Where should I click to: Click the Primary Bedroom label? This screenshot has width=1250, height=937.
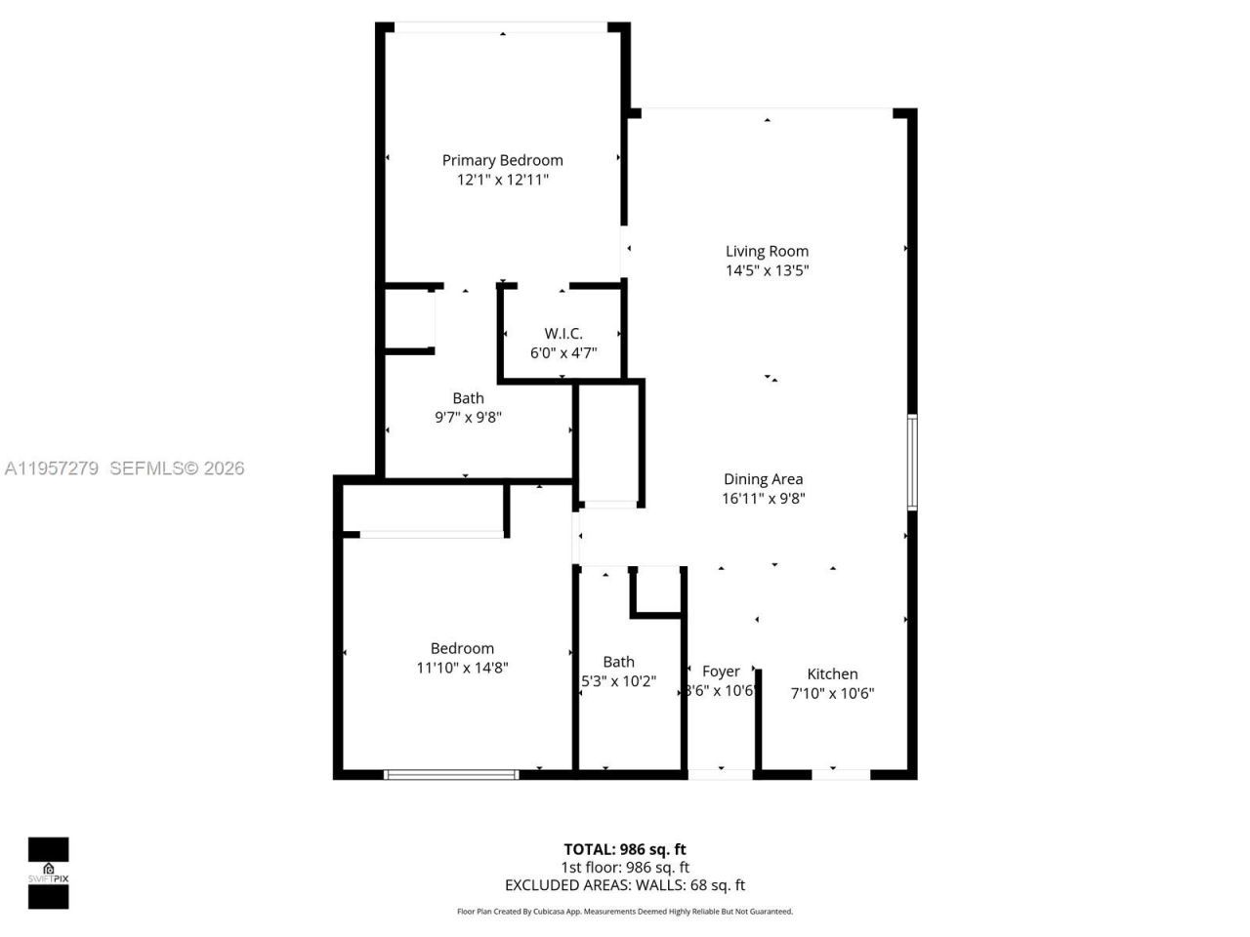502,160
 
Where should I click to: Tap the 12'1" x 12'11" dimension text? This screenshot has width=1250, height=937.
502,180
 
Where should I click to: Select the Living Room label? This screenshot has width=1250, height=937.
767,251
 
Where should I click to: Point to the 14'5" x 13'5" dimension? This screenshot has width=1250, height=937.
767,270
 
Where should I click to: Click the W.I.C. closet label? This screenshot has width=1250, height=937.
563,334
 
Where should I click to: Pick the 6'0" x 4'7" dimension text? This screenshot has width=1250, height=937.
563,352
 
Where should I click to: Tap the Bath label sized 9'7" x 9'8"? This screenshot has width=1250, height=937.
468,398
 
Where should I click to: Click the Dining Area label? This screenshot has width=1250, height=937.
763,479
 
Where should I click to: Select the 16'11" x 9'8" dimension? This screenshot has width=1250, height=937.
763,498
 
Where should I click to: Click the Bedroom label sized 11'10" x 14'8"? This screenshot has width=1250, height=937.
462,648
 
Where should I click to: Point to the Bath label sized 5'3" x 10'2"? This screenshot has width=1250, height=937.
618,662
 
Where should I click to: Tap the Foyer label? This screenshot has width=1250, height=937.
721,672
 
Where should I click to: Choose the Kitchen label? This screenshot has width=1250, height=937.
832,674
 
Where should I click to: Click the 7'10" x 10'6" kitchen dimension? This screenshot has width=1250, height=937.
832,693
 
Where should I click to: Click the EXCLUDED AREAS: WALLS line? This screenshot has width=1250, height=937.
624,885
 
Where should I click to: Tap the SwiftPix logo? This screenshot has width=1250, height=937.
48,873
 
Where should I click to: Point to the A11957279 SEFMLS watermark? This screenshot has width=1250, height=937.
123,468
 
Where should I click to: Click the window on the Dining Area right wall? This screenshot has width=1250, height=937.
912,463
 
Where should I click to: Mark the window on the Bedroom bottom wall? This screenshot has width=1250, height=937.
450,775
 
